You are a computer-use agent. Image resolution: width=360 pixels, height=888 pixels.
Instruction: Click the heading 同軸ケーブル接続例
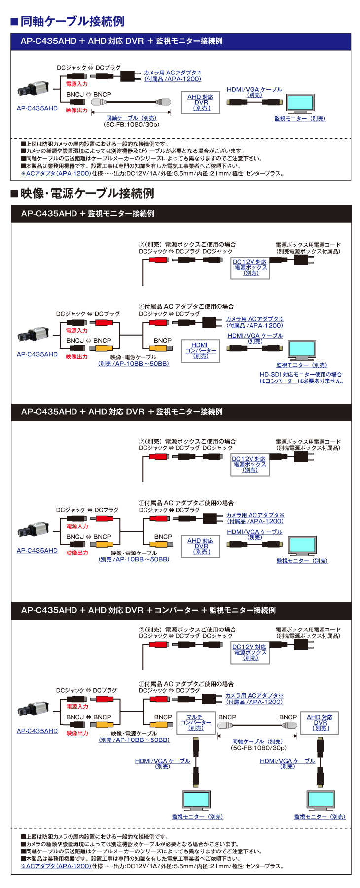point(72,21)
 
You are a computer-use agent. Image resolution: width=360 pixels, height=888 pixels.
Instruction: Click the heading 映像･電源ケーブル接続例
point(87,193)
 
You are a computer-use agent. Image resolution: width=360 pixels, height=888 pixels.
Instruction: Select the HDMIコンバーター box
point(200,350)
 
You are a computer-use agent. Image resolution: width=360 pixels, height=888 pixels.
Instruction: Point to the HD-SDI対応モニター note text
point(301,378)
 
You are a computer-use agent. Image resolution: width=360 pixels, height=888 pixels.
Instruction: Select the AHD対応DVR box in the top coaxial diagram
point(200,103)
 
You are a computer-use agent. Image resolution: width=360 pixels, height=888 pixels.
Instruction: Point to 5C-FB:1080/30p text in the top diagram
point(132,125)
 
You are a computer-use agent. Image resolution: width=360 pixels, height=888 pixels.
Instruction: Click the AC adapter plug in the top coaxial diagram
point(130,76)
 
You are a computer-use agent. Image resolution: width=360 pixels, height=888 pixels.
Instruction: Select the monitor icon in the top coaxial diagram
point(300,104)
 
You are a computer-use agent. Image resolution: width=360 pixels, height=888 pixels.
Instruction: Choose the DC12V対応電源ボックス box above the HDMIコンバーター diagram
point(250,268)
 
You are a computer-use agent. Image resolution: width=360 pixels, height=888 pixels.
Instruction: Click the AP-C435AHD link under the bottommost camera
point(37,731)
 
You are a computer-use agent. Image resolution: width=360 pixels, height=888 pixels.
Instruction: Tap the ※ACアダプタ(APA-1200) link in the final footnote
point(56,866)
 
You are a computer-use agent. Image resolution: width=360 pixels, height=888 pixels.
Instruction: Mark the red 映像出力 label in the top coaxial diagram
point(76,111)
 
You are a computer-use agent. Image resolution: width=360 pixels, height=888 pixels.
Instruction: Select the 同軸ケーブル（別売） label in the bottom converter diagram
point(257,741)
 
